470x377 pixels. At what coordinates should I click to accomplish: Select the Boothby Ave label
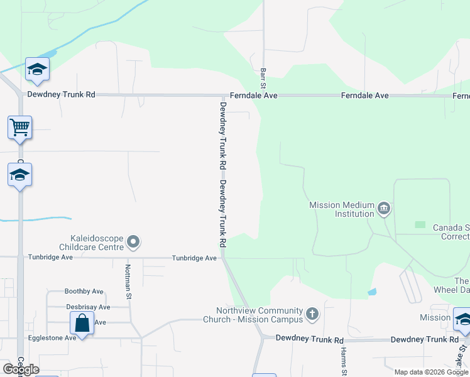point(84,292)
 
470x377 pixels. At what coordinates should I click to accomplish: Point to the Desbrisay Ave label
point(88,307)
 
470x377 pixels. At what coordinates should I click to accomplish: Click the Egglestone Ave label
point(52,338)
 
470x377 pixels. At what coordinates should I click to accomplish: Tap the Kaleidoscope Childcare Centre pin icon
point(133,241)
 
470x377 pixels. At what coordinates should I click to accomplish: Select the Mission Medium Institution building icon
point(384,208)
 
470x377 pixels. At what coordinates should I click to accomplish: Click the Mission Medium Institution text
point(342,209)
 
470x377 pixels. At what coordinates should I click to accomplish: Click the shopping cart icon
point(20,128)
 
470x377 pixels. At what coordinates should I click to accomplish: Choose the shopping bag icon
point(82,324)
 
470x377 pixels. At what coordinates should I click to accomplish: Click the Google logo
point(21,369)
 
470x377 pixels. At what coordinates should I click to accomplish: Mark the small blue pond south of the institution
point(373,292)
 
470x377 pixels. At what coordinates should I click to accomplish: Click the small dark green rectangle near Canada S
point(420,224)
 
